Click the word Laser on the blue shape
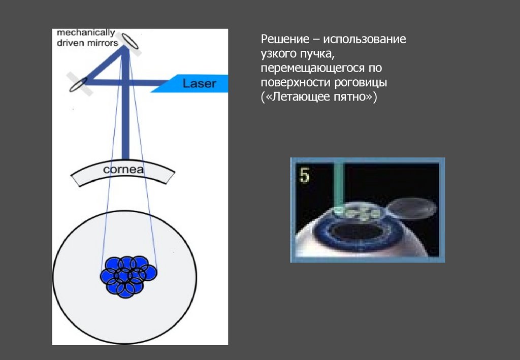pos(200,83)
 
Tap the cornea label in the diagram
pos(123,170)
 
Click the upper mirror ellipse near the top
pos(129,41)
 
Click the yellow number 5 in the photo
pos(304,175)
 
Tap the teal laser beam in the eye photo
pos(339,183)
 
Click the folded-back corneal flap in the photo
pos(412,207)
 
